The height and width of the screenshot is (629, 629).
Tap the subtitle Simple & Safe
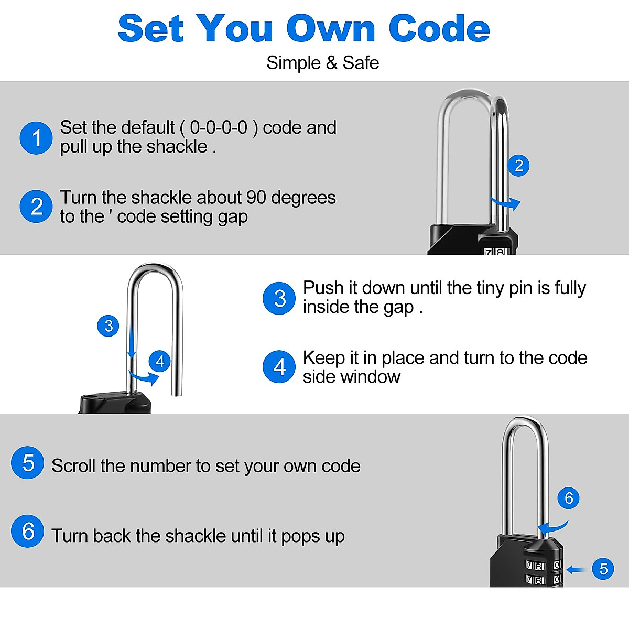tap(322, 63)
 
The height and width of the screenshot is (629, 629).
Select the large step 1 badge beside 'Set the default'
tap(36, 138)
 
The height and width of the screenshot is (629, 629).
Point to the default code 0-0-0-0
tap(218, 127)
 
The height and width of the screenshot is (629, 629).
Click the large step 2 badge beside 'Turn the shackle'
tap(36, 206)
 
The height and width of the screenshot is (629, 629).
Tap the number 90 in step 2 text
tap(256, 198)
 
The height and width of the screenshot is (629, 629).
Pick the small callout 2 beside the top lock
tap(518, 166)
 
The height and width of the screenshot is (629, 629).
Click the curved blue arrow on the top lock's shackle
tap(506, 203)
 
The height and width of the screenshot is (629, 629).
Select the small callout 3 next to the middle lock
tap(109, 326)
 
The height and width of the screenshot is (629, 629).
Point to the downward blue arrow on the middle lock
tap(132, 341)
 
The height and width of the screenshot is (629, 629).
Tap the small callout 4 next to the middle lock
tap(160, 361)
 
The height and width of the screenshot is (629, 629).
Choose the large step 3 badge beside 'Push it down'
tap(279, 298)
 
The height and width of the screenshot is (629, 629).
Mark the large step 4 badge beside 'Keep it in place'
tap(279, 367)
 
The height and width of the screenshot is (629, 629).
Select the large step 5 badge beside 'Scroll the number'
tap(28, 463)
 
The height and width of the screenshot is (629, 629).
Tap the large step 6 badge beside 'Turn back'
tap(28, 531)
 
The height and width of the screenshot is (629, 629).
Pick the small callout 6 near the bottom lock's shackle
tap(569, 497)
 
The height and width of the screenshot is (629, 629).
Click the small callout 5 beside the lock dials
tap(603, 569)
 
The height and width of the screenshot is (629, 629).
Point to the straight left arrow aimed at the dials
tap(576, 570)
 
